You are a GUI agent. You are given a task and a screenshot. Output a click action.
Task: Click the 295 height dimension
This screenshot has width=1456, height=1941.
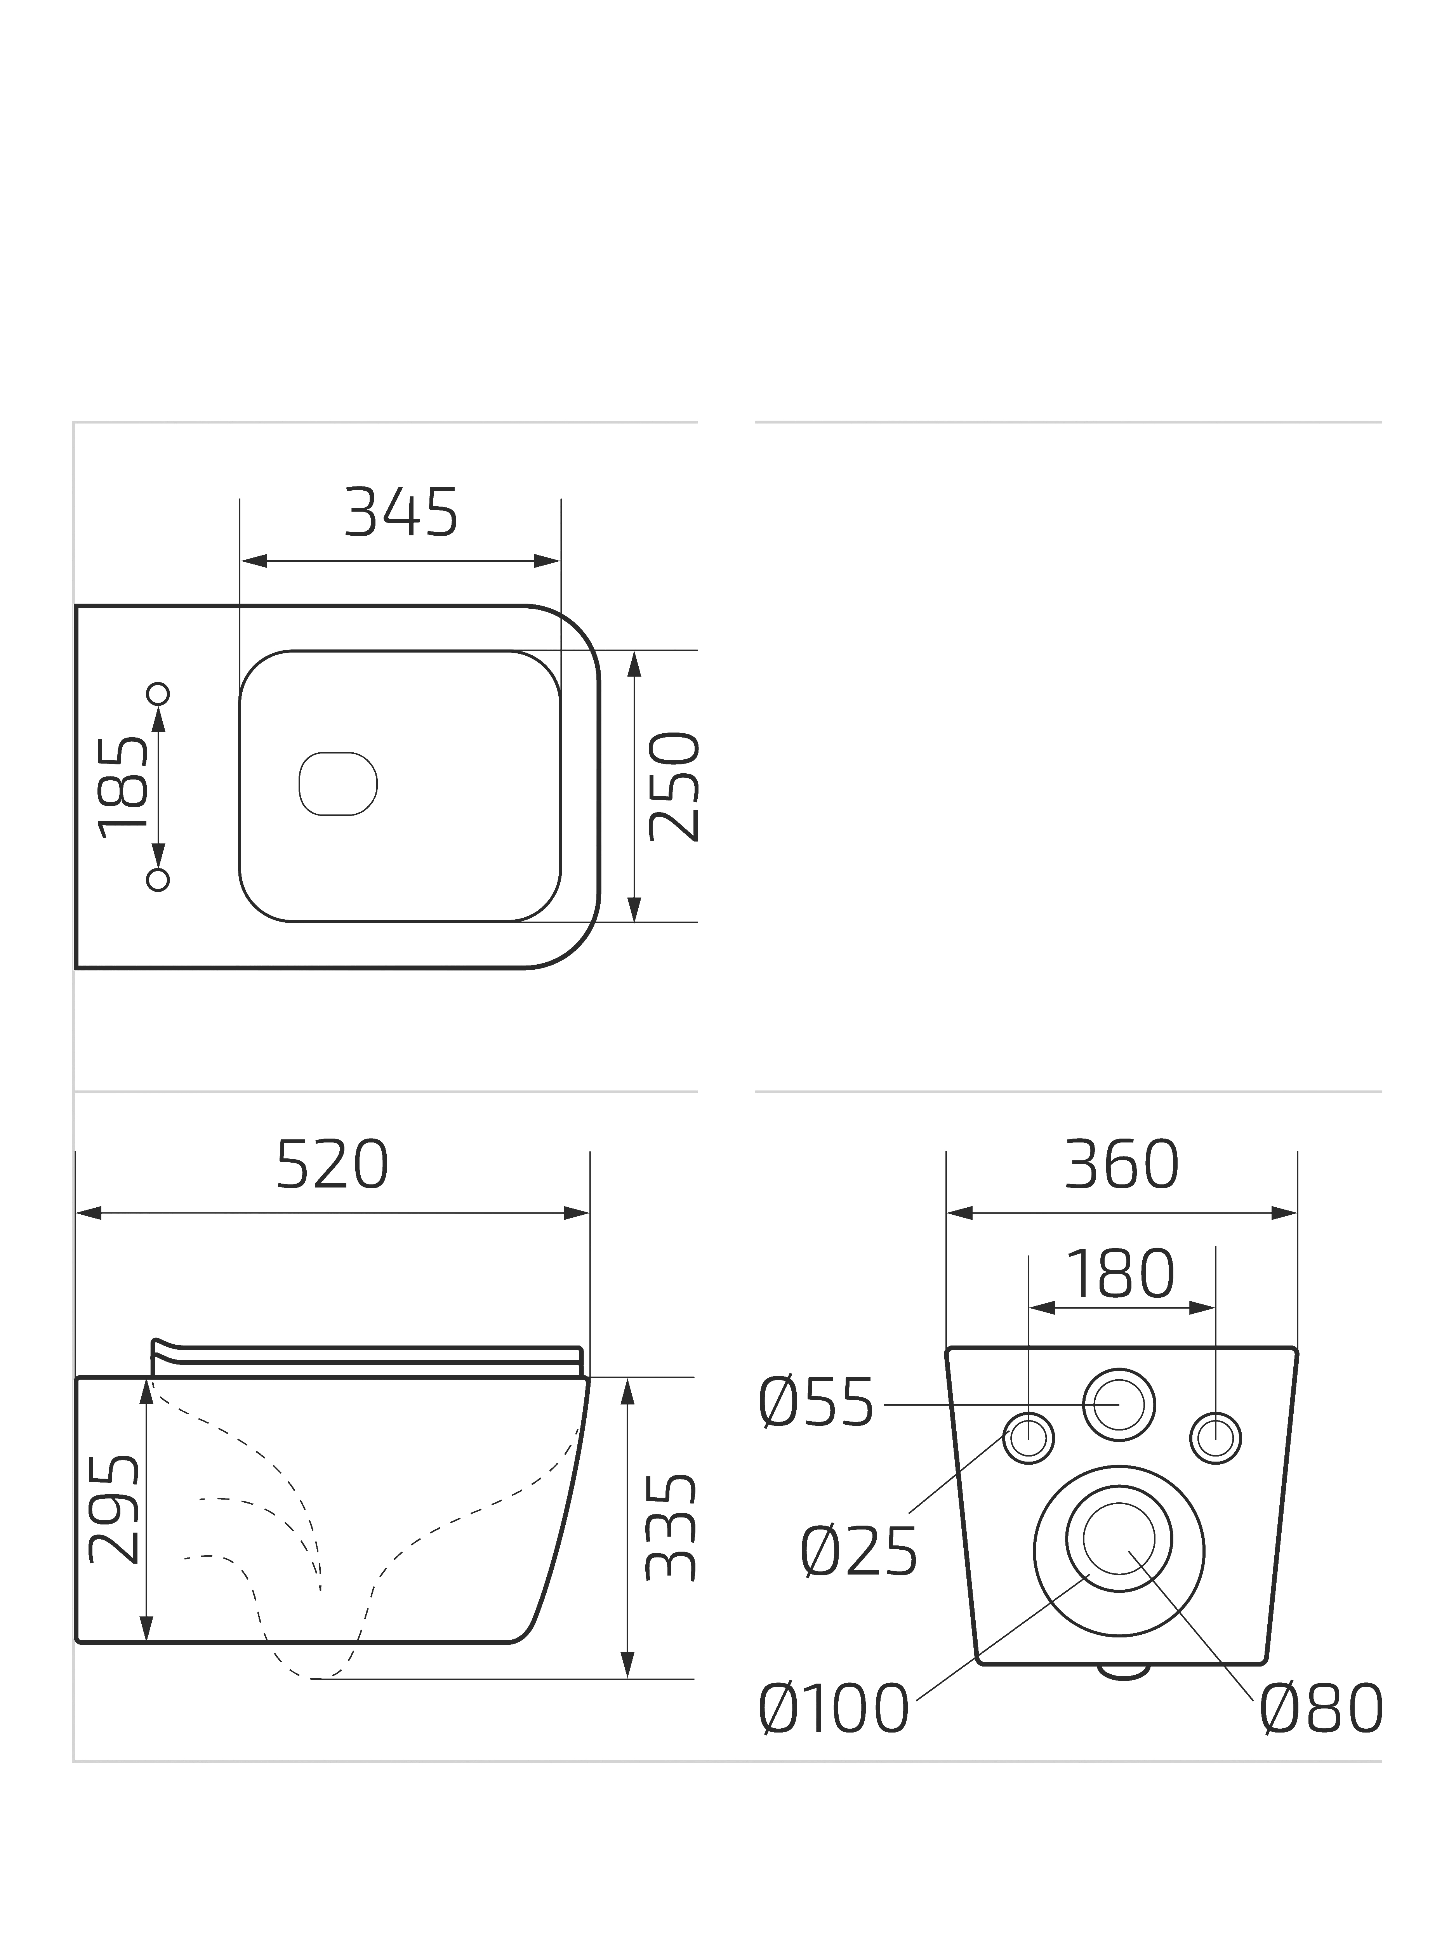pyautogui.click(x=114, y=1509)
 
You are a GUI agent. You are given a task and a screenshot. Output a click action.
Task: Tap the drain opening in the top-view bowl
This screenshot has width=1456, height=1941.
pyautogui.click(x=338, y=784)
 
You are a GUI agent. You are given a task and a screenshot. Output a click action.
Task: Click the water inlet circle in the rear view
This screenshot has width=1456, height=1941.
pyautogui.click(x=1119, y=1404)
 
